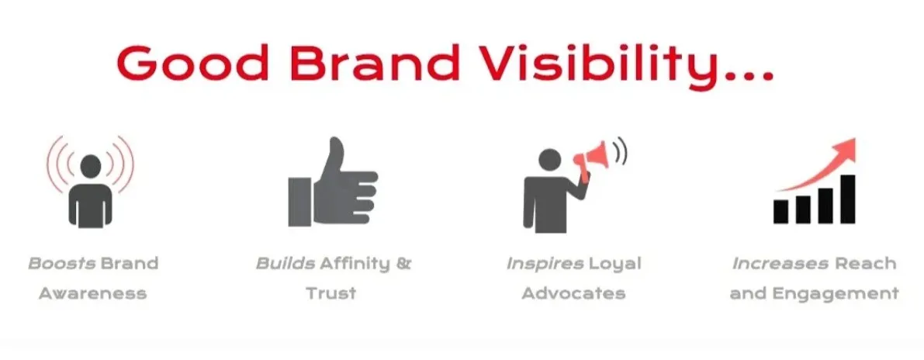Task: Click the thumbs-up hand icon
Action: pyautogui.click(x=332, y=186)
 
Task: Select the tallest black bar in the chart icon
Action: pyautogui.click(x=848, y=198)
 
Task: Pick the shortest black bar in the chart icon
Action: pyautogui.click(x=781, y=210)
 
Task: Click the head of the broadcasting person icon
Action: pyautogui.click(x=91, y=166)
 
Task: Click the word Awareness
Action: pyautogui.click(x=92, y=293)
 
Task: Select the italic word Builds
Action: pyautogui.click(x=286, y=264)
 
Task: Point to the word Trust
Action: pyautogui.click(x=331, y=293)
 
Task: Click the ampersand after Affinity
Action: pyautogui.click(x=403, y=264)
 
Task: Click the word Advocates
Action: pyautogui.click(x=573, y=293)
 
